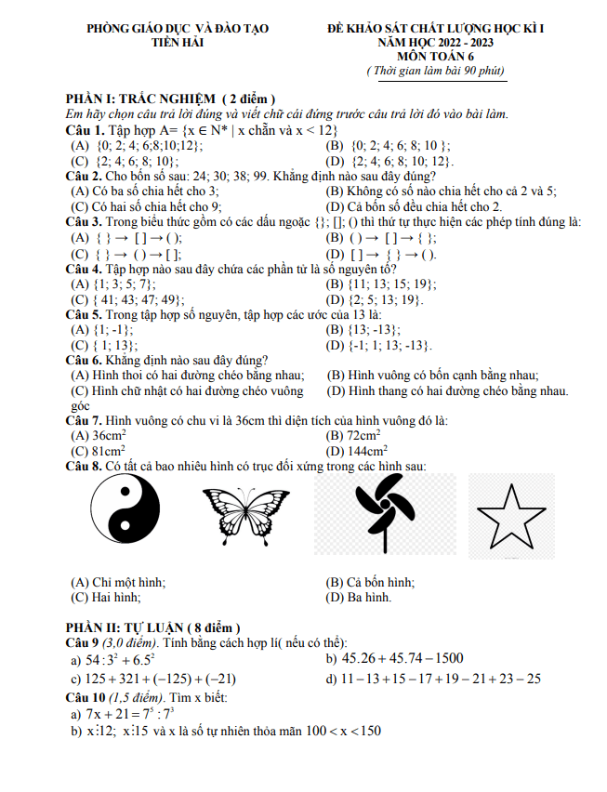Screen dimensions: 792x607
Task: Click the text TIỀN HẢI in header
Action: [x=177, y=42]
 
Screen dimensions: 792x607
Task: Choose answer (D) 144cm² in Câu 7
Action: [x=357, y=450]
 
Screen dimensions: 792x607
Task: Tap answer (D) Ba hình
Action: [x=359, y=597]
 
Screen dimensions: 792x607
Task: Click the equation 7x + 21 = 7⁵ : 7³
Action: [x=136, y=714]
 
